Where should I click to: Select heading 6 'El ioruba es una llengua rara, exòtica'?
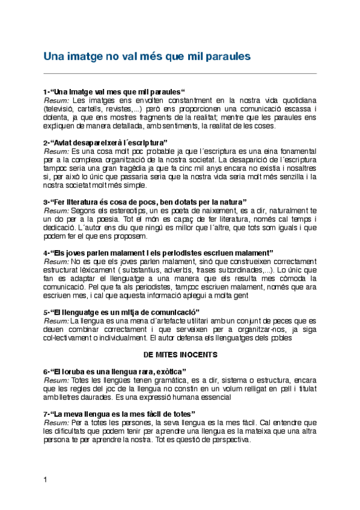[x=115, y=372]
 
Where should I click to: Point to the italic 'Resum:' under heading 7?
[x=56, y=423]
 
